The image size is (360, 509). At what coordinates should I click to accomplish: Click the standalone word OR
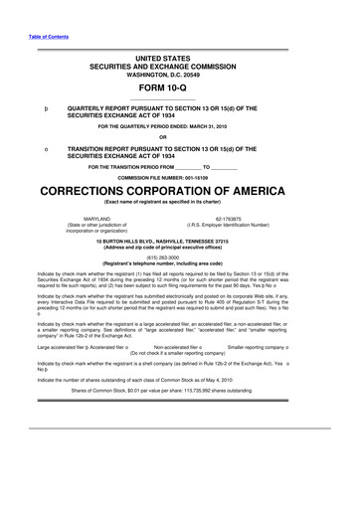click(179, 136)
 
